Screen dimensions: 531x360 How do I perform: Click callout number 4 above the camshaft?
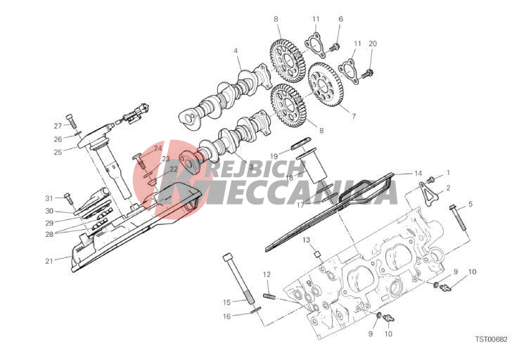tap(236, 51)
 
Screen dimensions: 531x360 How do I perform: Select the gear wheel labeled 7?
tap(326, 85)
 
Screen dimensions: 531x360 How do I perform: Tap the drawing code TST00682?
tap(491, 339)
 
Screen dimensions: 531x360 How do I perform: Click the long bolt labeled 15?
tap(238, 279)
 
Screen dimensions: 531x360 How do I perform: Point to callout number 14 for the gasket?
tap(418, 174)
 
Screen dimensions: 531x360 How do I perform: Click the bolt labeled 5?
tap(459, 217)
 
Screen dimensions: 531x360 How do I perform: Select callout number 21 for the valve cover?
tap(49, 261)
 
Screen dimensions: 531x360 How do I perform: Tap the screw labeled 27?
tap(72, 121)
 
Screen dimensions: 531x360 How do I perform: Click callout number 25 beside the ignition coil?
tap(58, 152)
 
